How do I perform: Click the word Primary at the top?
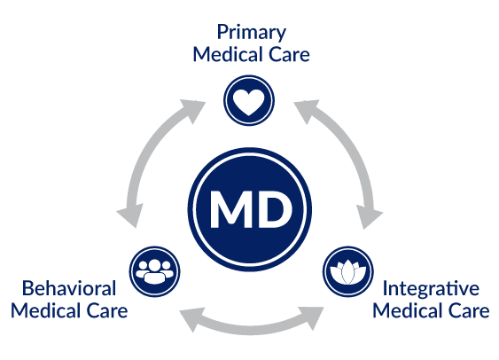tap(252, 33)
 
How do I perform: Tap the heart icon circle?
tap(249, 100)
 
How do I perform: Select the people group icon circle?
tap(155, 271)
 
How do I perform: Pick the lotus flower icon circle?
tap(347, 271)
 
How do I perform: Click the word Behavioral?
tap(69, 288)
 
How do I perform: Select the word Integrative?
tap(431, 289)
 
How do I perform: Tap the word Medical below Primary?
tap(228, 54)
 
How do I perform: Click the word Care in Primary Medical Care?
tap(289, 55)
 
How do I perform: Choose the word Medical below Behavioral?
tap(45, 310)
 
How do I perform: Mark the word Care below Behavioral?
tap(107, 311)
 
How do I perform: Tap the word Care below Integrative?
tap(469, 311)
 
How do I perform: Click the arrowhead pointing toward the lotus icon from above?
tap(369, 216)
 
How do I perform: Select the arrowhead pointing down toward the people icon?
tap(129, 215)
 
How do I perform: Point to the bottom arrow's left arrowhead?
tap(193, 319)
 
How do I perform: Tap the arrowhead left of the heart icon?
tap(192, 110)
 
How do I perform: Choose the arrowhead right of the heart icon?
tap(306, 110)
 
